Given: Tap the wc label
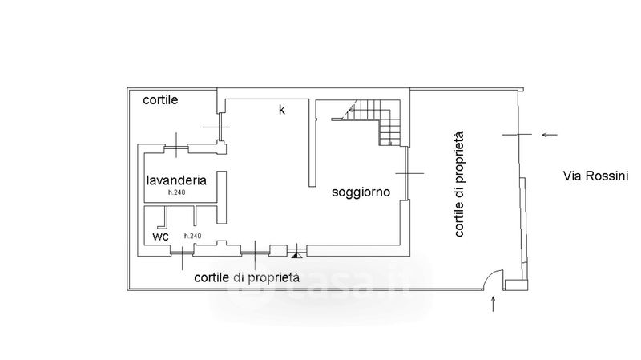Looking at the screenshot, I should pyautogui.click(x=160, y=237).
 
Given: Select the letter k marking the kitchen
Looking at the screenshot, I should pyautogui.click(x=281, y=110).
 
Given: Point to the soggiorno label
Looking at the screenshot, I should pyautogui.click(x=361, y=193).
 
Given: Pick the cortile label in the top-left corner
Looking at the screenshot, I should pyautogui.click(x=160, y=100).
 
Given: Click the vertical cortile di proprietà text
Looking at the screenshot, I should pyautogui.click(x=461, y=187).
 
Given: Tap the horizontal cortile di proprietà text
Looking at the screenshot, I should pyautogui.click(x=247, y=277).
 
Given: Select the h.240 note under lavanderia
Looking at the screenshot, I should pyautogui.click(x=176, y=193).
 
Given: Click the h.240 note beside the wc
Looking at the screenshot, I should pyautogui.click(x=192, y=236).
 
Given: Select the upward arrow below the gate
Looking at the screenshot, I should pyautogui.click(x=493, y=303).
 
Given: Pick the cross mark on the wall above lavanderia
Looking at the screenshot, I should pyautogui.click(x=175, y=146).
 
